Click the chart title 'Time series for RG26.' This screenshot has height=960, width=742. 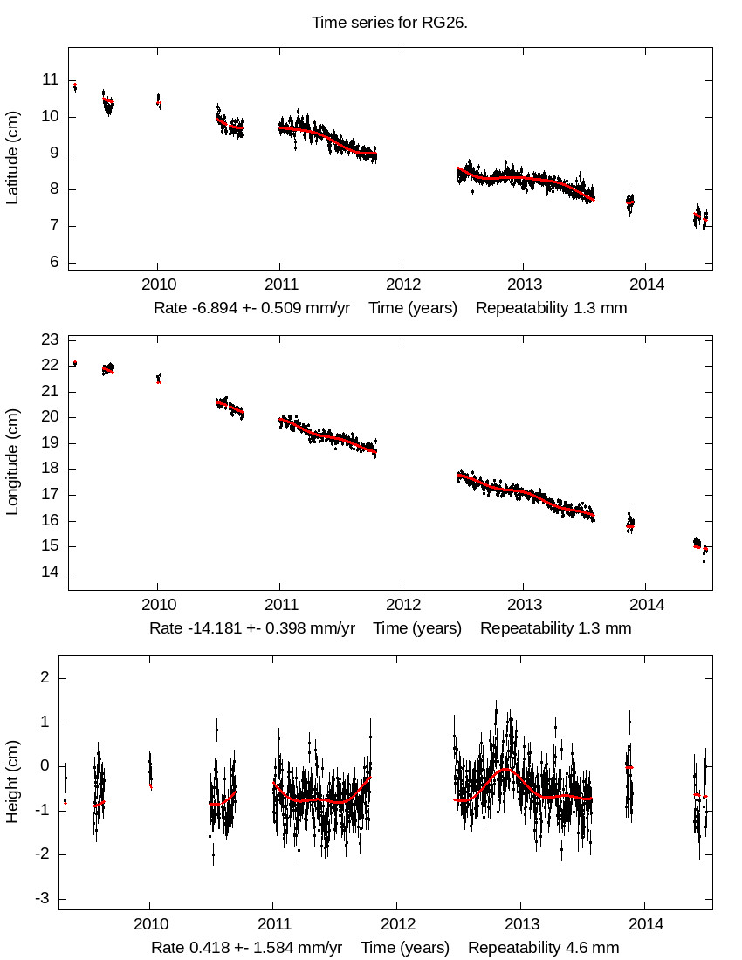[389, 23]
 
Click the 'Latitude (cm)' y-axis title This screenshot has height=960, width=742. [12, 158]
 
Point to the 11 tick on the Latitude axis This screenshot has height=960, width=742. [52, 80]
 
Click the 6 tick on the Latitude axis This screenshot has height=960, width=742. [55, 263]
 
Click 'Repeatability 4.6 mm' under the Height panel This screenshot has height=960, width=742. [544, 948]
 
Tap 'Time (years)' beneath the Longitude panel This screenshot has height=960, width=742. [417, 628]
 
